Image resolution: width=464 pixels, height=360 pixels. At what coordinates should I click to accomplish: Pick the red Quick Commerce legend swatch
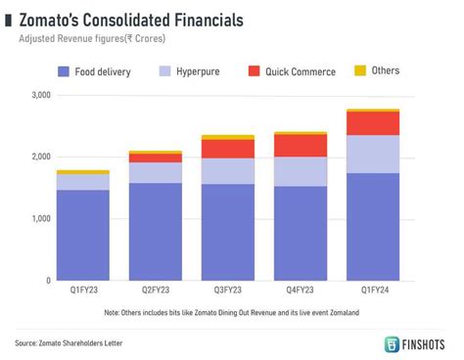pyautogui.click(x=254, y=71)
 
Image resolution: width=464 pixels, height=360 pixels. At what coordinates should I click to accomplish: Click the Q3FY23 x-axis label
pyautogui.click(x=227, y=291)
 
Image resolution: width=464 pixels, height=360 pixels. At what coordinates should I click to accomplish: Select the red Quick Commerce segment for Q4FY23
pyautogui.click(x=300, y=146)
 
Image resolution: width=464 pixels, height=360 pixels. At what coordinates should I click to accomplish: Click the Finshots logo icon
pyautogui.click(x=393, y=344)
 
